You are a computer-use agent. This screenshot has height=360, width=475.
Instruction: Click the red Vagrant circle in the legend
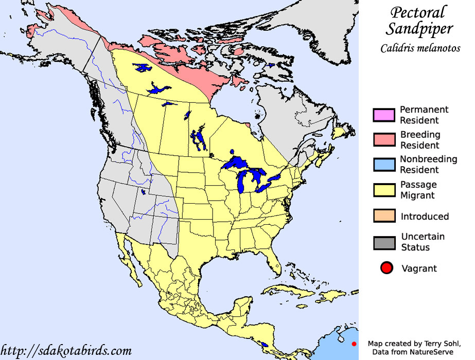(x=387, y=268)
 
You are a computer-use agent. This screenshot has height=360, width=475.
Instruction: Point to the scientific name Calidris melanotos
(x=420, y=48)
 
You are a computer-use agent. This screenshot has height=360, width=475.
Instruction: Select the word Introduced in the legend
(x=425, y=217)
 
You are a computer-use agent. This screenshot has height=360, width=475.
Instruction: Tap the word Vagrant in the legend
(x=418, y=268)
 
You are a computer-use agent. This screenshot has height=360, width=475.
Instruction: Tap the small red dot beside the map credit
(x=354, y=344)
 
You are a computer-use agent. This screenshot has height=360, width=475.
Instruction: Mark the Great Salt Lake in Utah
(x=143, y=193)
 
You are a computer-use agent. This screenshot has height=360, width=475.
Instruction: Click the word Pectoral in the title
(x=417, y=12)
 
